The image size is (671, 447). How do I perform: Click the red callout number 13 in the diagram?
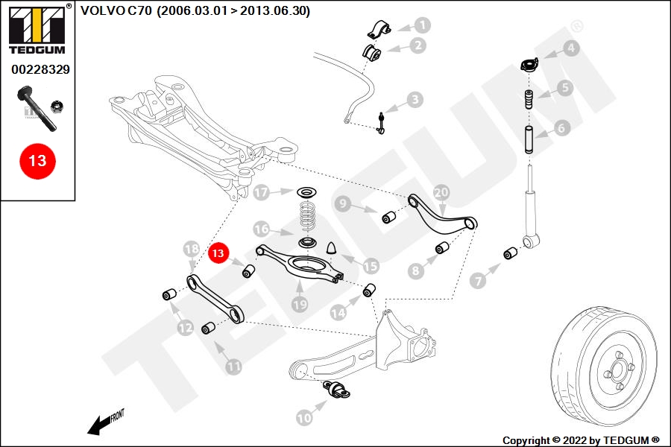(218, 254)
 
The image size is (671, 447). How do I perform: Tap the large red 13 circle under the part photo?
(37, 160)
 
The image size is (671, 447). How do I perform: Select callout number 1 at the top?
(422, 25)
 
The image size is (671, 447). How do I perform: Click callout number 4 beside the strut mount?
(570, 49)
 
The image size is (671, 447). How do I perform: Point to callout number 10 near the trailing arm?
(304, 418)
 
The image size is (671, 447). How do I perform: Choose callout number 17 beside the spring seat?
(261, 193)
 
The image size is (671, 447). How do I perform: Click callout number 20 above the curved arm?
(441, 191)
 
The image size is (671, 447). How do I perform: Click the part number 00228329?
(40, 69)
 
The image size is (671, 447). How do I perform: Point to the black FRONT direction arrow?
(97, 426)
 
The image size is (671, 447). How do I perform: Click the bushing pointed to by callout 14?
(369, 290)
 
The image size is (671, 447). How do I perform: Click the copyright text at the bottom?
(581, 440)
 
